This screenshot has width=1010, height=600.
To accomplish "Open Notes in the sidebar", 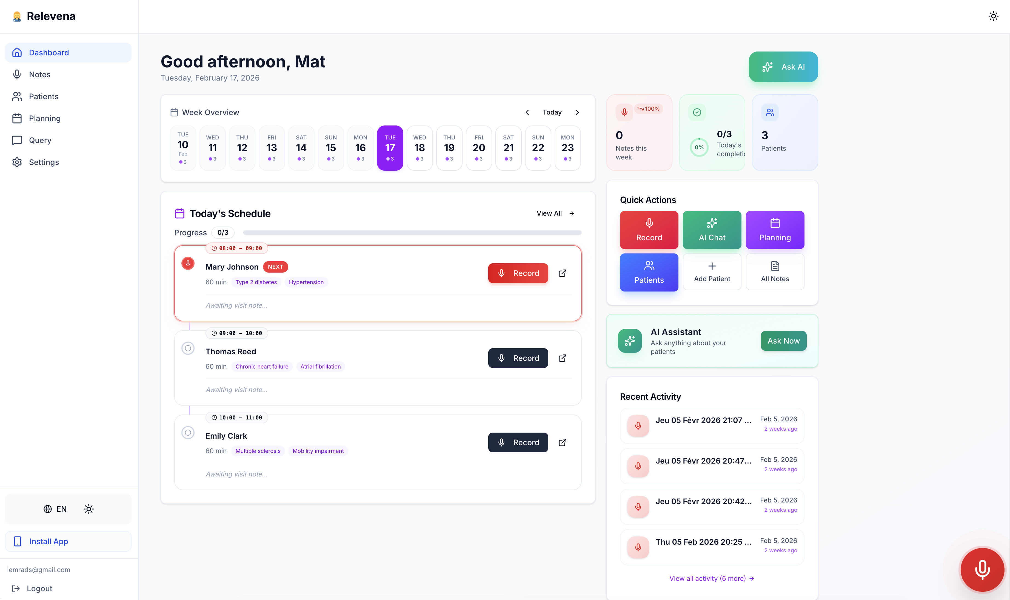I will pyautogui.click(x=40, y=75).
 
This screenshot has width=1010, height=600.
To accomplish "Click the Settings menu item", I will pyautogui.click(x=44, y=162).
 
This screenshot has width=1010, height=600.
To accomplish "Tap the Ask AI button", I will pyautogui.click(x=783, y=67).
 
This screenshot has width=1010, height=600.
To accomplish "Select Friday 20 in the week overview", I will pyautogui.click(x=479, y=148).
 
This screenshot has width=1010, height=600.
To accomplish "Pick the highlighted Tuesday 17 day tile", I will pyautogui.click(x=390, y=148).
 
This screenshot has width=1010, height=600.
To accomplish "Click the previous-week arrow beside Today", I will pyautogui.click(x=527, y=112).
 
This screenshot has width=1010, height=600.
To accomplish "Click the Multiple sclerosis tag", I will pyautogui.click(x=258, y=451).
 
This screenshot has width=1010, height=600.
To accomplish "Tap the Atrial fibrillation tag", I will pyautogui.click(x=320, y=367).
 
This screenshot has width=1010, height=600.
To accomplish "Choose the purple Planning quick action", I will pyautogui.click(x=775, y=230).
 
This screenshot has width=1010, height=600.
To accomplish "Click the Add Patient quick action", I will pyautogui.click(x=712, y=272).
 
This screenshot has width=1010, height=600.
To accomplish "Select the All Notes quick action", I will pyautogui.click(x=775, y=272).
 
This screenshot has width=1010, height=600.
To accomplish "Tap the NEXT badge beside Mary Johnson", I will pyautogui.click(x=275, y=267).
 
